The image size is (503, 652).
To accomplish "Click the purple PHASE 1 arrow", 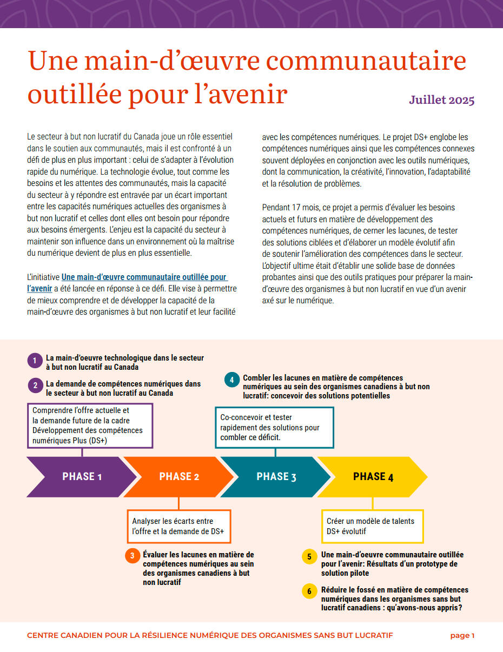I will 81,476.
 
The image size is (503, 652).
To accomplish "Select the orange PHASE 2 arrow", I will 179,476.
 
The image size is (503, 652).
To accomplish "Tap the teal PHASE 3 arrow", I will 276,476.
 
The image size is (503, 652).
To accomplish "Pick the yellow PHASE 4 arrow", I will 373,476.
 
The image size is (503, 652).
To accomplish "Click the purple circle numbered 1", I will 35,361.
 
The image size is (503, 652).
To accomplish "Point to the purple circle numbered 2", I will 35,385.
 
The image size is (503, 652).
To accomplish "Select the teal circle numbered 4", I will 231,380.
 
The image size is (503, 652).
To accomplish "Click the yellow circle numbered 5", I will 309,557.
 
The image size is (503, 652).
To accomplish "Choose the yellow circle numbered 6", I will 309,591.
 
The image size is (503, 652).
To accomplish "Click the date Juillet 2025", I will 441,100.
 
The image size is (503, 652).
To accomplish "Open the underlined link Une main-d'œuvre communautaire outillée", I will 144,277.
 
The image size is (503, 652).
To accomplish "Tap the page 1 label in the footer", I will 462,636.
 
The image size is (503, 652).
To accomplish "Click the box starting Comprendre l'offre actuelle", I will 90,425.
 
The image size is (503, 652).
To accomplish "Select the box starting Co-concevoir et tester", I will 274,427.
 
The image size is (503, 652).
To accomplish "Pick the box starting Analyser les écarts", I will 178,526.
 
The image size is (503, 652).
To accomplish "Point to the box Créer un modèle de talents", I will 372,526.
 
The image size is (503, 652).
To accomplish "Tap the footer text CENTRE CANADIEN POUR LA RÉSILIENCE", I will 210,636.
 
